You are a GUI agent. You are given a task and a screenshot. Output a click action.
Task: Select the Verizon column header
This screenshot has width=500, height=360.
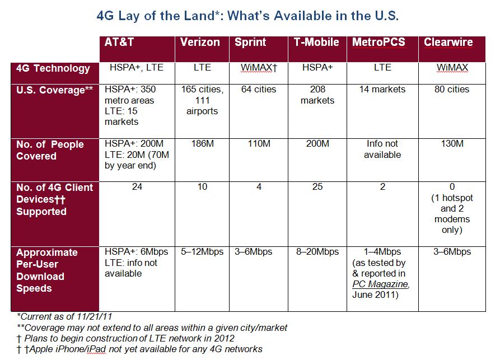[200, 42]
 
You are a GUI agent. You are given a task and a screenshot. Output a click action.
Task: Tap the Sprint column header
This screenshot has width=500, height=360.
[250, 42]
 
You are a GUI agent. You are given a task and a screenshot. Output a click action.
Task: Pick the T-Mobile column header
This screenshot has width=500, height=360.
[316, 42]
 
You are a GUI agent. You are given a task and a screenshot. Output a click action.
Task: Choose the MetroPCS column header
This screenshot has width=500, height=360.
[378, 42]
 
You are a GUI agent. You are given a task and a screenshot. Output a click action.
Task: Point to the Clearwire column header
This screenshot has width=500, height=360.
[448, 42]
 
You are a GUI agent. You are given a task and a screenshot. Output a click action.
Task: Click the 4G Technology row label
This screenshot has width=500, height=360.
[53, 68]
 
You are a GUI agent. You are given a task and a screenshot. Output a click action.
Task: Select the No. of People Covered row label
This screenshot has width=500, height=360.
[50, 150]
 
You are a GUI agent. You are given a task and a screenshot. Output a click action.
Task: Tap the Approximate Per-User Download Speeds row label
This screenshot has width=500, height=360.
[48, 270]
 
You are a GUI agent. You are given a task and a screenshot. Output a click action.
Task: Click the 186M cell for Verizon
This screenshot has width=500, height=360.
[202, 144]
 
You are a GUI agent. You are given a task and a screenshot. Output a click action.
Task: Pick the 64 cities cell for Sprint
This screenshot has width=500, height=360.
[259, 90]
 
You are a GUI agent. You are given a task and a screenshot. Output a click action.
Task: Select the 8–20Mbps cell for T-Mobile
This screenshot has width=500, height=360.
[317, 252]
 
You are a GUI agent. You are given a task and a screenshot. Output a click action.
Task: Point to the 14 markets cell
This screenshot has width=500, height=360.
[382, 90]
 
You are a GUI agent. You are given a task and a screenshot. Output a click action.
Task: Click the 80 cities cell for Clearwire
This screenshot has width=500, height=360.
[452, 90]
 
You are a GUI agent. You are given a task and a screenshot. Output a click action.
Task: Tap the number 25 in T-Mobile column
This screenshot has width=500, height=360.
[317, 187]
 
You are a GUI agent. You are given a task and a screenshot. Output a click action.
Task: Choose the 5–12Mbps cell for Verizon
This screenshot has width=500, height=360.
[202, 252]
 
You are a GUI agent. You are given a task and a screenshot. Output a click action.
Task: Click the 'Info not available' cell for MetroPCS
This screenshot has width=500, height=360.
[382, 149]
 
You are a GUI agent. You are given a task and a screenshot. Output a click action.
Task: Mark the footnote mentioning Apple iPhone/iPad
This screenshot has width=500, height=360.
[139, 349]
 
